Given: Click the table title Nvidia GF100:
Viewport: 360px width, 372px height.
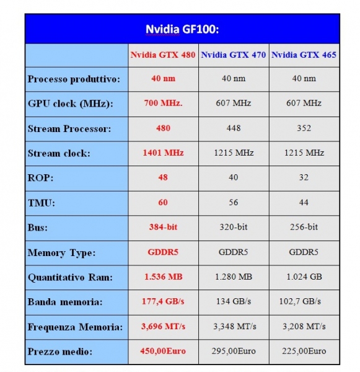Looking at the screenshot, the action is click(182, 29).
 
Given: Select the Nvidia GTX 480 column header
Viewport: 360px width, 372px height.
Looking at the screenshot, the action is click(163, 55).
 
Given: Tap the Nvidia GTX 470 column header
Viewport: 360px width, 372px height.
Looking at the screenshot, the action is click(234, 55).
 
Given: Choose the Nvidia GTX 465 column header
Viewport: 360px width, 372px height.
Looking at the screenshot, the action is click(304, 55).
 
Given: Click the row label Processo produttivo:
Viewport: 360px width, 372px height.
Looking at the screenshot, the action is click(74, 79).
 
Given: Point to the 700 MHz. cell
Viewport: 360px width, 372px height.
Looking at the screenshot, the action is click(163, 103).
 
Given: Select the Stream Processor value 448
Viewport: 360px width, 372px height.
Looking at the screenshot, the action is click(234, 128).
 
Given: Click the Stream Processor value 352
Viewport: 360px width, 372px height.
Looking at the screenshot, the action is click(304, 128).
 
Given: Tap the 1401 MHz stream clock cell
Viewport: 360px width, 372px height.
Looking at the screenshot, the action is click(163, 153).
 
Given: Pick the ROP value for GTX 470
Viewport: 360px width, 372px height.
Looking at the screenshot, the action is click(234, 177).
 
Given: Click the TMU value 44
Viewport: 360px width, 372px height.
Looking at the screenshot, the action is click(304, 202).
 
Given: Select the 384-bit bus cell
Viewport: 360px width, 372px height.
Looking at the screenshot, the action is click(163, 227).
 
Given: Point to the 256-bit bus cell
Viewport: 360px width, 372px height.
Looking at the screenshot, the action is click(304, 227).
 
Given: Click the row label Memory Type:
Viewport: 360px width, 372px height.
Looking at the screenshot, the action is click(62, 253).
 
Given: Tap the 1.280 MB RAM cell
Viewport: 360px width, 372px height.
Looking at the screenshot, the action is click(234, 277).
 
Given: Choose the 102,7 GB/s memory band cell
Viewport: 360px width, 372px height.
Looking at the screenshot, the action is click(300, 301).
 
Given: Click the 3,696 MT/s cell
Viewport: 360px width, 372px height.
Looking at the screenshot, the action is click(163, 327).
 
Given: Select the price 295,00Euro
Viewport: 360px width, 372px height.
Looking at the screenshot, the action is click(234, 351).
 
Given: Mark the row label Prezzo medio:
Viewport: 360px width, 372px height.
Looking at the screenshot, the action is click(60, 352).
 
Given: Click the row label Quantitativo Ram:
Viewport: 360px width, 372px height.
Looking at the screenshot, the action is click(70, 277).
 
